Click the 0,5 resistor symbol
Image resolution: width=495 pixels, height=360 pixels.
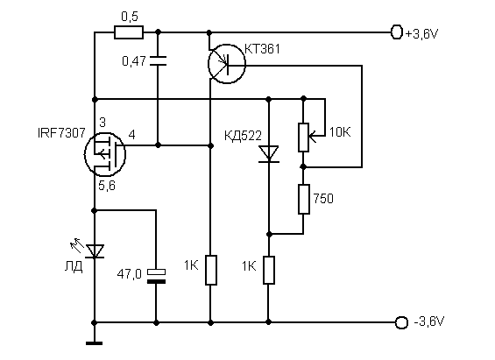click(129, 32)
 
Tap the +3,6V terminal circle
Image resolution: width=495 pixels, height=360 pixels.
click(397, 32)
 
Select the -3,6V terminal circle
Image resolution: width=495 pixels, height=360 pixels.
click(401, 322)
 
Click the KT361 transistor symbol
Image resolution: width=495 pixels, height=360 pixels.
click(227, 64)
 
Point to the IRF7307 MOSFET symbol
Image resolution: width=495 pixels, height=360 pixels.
click(105, 154)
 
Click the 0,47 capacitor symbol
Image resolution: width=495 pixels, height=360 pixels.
click(158, 61)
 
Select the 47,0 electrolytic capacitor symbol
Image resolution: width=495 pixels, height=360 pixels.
click(156, 276)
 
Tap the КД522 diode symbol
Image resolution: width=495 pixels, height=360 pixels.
click(269, 154)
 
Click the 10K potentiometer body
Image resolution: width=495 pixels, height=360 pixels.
click(303, 138)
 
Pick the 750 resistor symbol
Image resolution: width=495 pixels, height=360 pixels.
click(304, 200)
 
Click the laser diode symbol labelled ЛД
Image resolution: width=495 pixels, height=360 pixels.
click(94, 251)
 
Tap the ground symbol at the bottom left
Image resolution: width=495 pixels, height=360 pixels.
click(94, 343)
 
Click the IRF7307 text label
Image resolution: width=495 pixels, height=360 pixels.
click(61, 133)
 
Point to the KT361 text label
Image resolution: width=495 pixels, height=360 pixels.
click(262, 49)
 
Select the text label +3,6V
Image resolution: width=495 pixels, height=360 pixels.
click(421, 33)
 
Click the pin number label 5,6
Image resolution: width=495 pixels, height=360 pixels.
click(107, 186)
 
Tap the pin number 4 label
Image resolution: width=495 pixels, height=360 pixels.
click(132, 135)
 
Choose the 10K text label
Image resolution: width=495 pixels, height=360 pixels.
click(340, 132)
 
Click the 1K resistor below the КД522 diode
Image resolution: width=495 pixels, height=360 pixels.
click(269, 270)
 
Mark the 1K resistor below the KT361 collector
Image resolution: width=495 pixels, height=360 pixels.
click(211, 270)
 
